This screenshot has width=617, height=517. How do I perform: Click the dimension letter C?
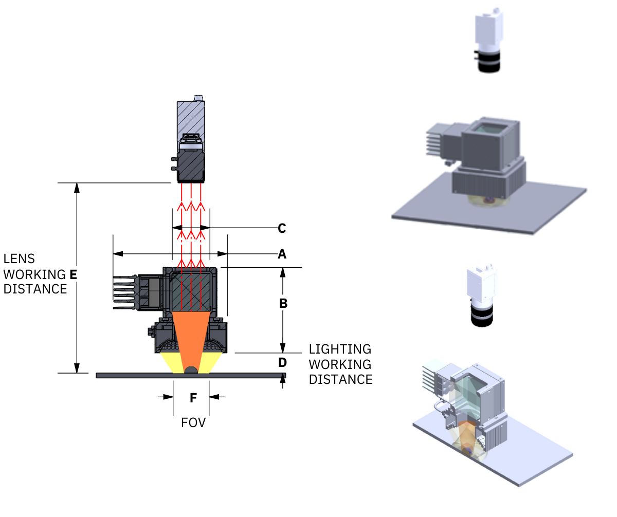click(x=282, y=228)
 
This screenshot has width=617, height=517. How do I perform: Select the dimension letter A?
click(x=282, y=254)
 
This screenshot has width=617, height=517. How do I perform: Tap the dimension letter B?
click(x=283, y=303)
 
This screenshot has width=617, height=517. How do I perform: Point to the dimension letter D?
click(x=282, y=362)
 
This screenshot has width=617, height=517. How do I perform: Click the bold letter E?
click(x=73, y=275)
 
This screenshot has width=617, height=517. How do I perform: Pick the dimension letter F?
click(x=193, y=398)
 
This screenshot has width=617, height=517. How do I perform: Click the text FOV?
click(x=193, y=423)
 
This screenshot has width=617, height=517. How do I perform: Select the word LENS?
click(x=19, y=259)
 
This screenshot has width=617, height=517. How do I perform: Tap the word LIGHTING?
click(x=340, y=349)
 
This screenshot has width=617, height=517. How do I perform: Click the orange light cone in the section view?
click(x=191, y=337)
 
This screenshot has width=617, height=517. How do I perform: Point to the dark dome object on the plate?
click(x=191, y=370)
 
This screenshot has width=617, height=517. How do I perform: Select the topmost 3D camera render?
click(x=488, y=40)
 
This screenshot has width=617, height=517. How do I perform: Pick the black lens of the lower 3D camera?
click(x=482, y=317)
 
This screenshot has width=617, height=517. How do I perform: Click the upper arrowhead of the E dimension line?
click(x=77, y=187)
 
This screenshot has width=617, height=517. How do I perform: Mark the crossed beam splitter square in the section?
click(x=191, y=292)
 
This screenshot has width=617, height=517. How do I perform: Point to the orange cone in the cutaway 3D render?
click(x=468, y=437)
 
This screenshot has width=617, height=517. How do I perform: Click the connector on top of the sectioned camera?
click(x=198, y=98)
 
